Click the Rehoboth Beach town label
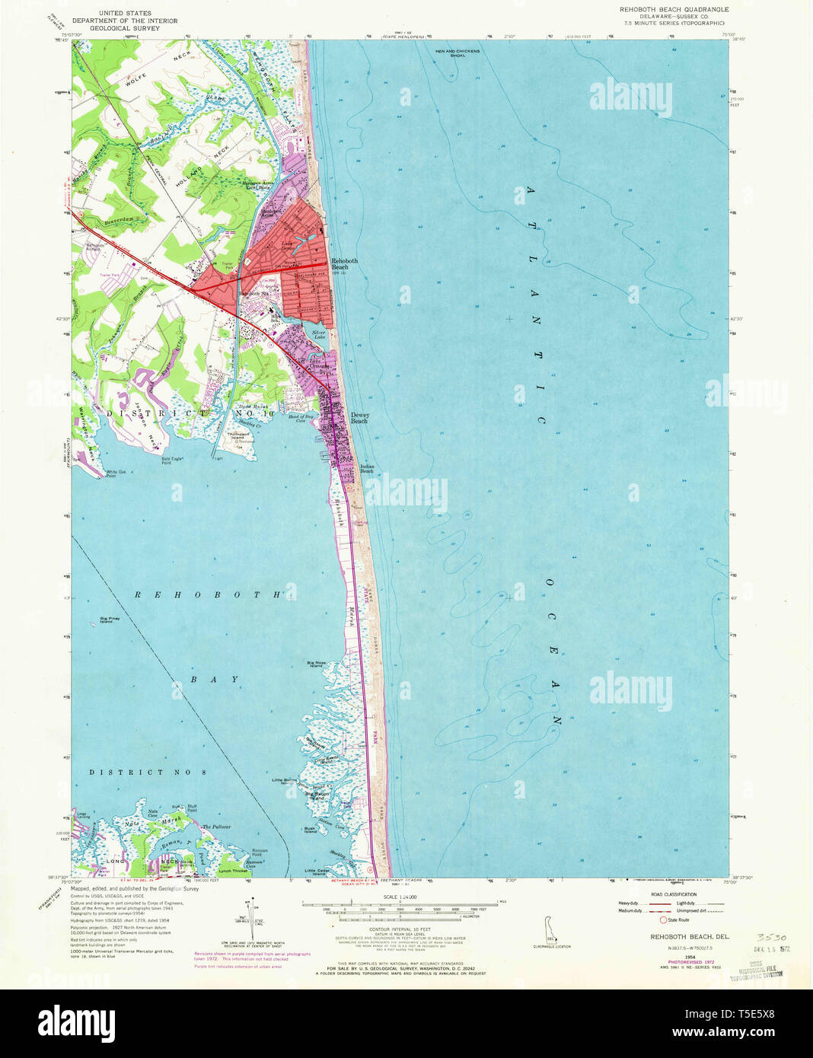click(344, 264)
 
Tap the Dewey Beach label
click(359, 418)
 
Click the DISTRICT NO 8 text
click(147, 772)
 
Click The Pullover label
click(216, 826)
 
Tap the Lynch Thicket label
click(232, 870)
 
